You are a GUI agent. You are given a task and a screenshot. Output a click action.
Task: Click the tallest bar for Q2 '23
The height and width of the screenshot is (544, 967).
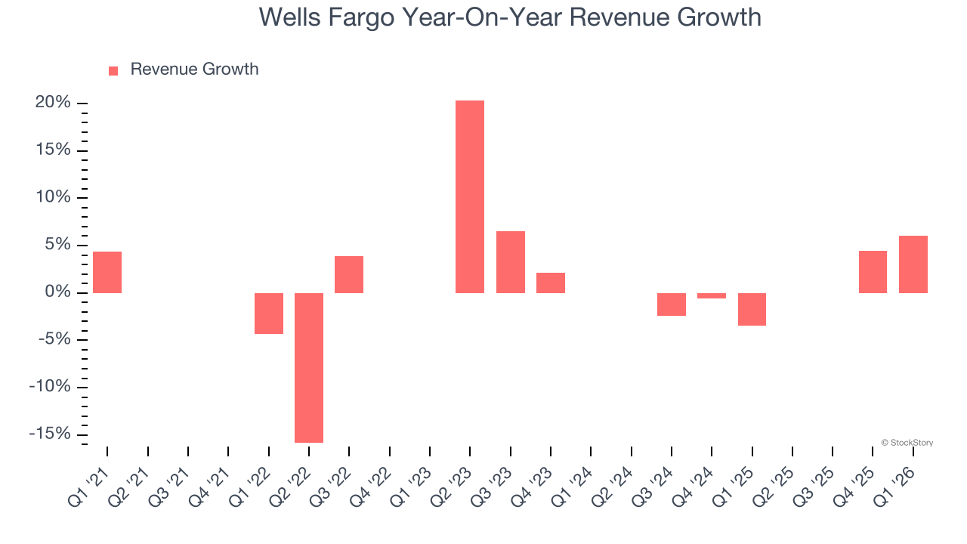coord(470,196)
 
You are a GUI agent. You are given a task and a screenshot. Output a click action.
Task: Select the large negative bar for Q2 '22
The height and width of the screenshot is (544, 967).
coord(309,367)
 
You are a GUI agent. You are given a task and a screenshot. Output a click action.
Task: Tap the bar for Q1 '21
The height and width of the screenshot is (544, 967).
coord(107,272)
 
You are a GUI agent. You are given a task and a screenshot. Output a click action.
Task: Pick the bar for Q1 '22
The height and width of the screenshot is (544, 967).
coord(269,313)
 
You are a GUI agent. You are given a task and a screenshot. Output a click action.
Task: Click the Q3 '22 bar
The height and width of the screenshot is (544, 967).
coord(349,274)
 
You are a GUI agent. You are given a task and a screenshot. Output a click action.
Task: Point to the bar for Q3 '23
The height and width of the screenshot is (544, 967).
coord(511,261)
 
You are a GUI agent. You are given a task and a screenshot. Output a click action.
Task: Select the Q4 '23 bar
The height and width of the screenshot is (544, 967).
coord(551,283)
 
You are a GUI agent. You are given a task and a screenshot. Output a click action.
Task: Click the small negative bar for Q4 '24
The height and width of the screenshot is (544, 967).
coord(712,295)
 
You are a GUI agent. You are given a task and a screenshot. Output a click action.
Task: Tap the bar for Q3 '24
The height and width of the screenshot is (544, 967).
coord(672,304)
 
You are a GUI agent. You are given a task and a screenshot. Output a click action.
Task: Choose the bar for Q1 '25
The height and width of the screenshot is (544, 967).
coord(752,309)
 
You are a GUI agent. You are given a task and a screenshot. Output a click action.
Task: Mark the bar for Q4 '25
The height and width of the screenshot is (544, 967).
coord(873,272)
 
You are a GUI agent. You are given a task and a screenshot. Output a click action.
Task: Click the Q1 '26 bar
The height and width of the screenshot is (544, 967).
coord(913,264)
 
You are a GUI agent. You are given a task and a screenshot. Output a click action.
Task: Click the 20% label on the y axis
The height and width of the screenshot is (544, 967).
coord(53,103)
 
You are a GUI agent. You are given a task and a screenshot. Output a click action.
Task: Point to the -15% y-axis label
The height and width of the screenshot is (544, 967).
coord(50,434)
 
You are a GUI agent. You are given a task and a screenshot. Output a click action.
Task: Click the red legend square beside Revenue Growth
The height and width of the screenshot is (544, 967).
coord(113,70)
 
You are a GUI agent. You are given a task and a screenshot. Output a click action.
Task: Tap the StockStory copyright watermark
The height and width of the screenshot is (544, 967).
coord(907,443)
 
